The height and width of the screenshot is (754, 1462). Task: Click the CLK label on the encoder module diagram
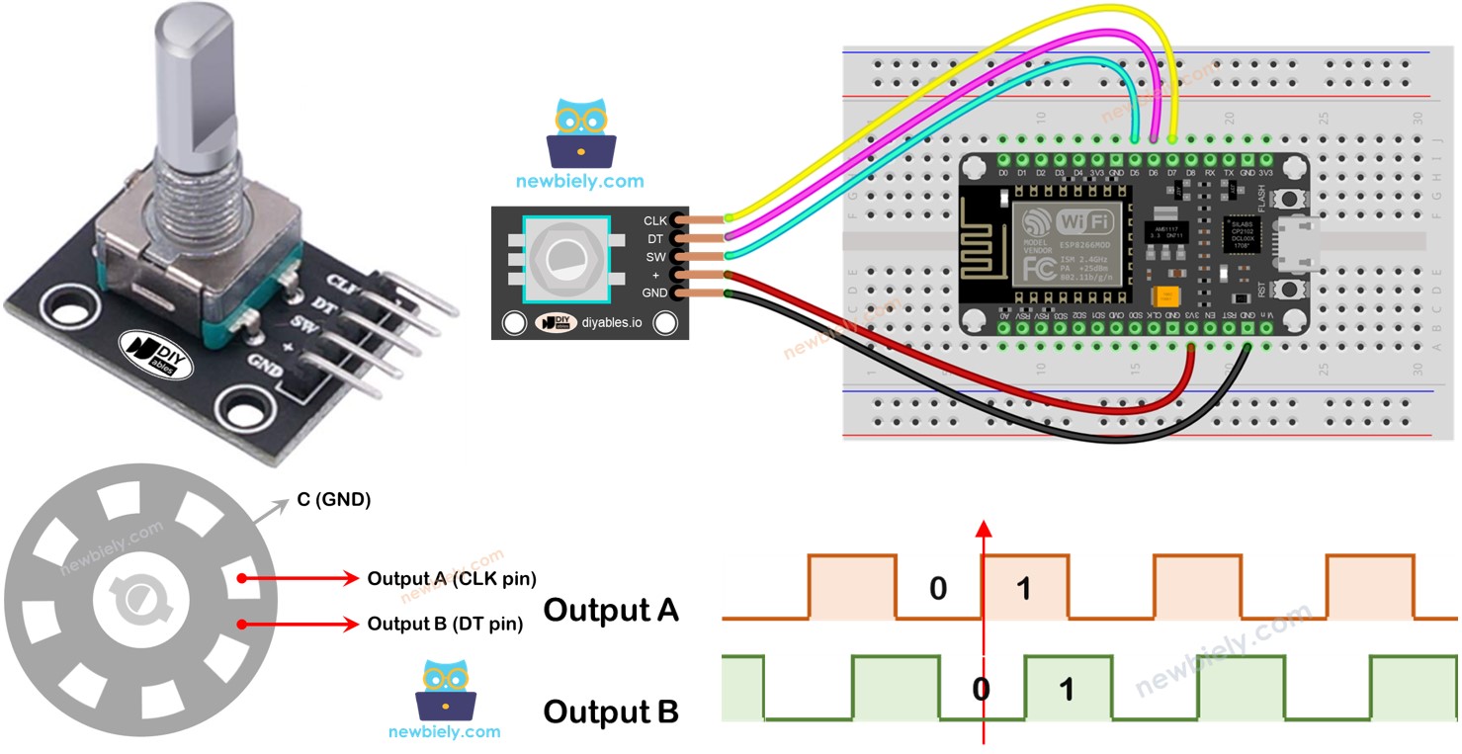coord(654,220)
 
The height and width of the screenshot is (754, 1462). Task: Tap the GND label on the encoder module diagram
coord(654,293)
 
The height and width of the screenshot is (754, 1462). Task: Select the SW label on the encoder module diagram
coord(655,256)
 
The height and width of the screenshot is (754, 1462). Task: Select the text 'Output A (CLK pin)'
coord(452,578)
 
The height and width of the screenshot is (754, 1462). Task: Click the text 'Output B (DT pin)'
coord(445,624)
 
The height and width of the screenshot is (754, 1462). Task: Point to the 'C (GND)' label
coord(333,500)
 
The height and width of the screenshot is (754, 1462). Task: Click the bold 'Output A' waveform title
coord(611,610)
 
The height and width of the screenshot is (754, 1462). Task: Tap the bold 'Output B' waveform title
coord(611,712)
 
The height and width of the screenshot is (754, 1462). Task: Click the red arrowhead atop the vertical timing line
coord(983,528)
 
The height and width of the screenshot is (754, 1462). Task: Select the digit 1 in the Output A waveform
coord(1024,589)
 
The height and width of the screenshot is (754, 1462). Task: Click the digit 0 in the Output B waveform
coord(980,689)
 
